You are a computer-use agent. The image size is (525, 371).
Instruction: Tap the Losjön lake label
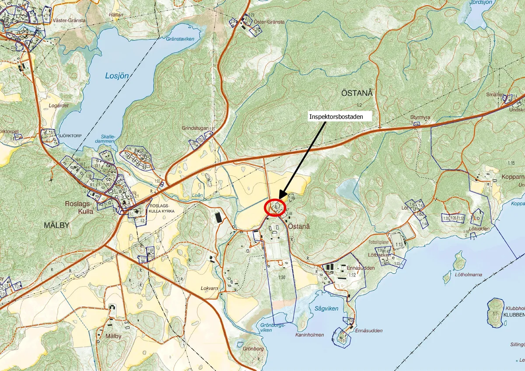[117, 76]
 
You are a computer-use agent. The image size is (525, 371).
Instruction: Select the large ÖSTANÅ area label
[357, 93]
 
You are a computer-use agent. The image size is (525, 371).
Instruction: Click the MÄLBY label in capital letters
[57, 225]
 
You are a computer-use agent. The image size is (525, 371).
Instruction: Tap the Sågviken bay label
[326, 309]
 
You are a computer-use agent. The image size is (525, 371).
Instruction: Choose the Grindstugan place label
[194, 128]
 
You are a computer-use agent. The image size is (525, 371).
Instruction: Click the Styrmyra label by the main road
[420, 118]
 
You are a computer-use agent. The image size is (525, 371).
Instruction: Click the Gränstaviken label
[180, 39]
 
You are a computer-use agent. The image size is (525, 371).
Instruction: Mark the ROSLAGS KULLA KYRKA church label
[162, 208]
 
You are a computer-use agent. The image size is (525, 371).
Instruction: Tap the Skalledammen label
[105, 139]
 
